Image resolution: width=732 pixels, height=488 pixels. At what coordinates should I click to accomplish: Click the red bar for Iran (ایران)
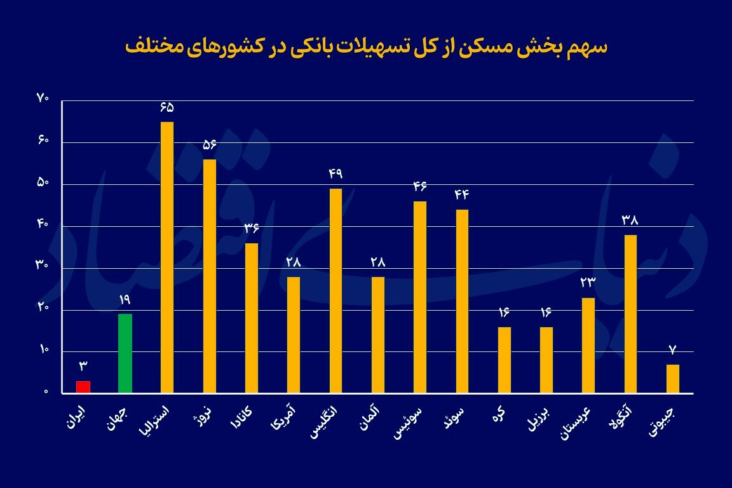pos(83,387)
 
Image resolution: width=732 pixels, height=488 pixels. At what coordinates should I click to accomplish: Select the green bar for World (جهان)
pos(125,353)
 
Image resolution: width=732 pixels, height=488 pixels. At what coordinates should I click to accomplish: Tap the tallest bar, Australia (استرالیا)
pos(167,257)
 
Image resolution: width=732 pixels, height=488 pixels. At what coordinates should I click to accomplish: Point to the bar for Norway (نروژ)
pos(210,276)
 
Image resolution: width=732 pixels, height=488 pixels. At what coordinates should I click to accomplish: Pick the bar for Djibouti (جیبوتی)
pos(673,379)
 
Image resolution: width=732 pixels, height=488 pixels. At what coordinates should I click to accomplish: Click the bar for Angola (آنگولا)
pos(630,314)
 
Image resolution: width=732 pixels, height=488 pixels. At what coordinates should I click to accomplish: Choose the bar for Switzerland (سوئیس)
pos(420,297)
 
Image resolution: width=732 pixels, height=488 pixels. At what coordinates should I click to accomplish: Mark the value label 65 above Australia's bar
pos(167,107)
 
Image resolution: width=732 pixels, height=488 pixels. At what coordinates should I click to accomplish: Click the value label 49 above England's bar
pos(335,173)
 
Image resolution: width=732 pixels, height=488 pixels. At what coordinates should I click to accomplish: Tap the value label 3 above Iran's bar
pos(83,366)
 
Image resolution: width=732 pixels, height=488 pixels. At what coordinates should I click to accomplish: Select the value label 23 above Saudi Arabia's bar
pos(588,283)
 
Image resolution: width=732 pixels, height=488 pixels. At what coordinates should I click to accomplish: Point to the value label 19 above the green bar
pos(125,299)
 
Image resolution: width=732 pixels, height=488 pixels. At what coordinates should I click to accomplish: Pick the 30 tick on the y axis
pos(43,267)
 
